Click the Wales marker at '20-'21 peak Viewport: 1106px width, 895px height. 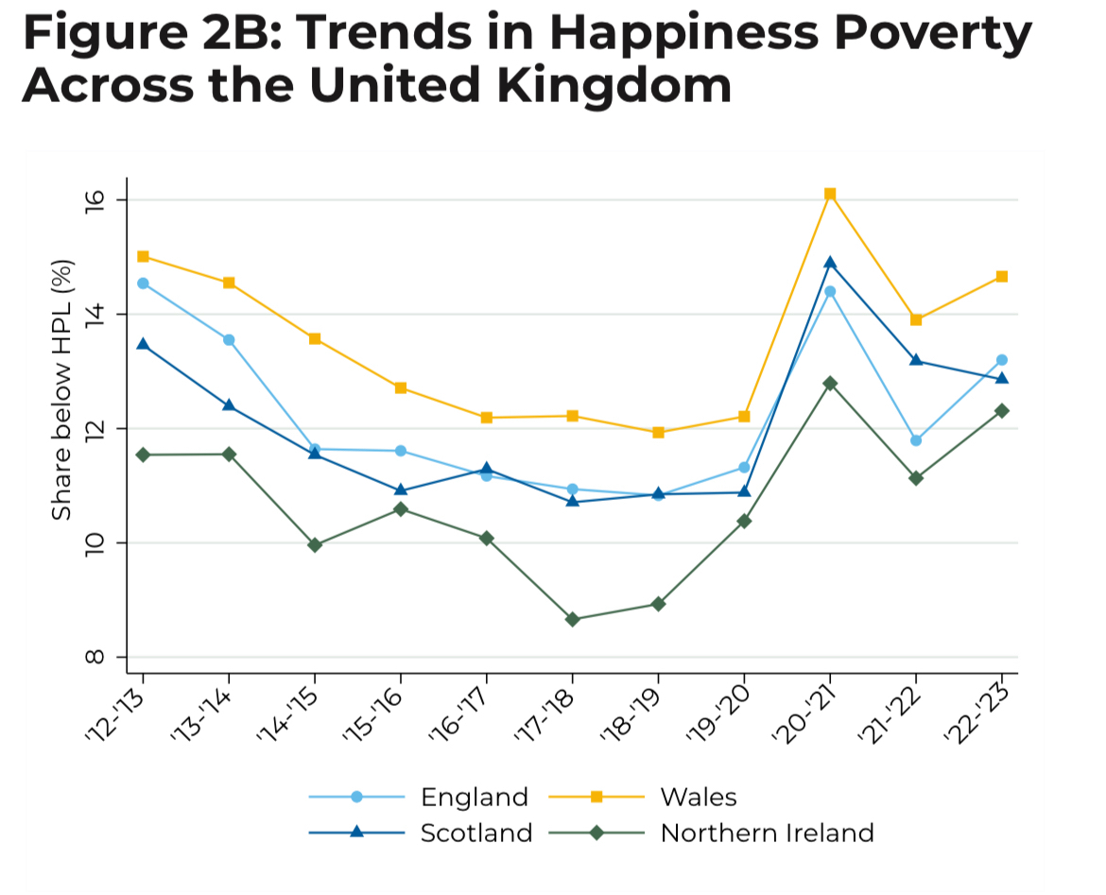tap(830, 194)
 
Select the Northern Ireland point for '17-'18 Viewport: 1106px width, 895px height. tap(572, 619)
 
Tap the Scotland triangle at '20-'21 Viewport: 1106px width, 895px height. tap(830, 262)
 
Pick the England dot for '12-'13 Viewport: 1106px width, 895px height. tap(143, 283)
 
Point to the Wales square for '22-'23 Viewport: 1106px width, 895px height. tap(1001, 276)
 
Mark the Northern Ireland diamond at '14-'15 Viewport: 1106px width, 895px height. tap(315, 545)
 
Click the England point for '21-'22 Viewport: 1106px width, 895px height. tap(916, 440)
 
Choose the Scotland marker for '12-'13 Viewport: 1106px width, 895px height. tap(143, 344)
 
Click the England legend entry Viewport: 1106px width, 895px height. tap(474, 797)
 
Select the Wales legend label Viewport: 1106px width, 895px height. tap(699, 797)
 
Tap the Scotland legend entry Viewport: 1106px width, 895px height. tap(476, 833)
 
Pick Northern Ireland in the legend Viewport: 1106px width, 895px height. tap(767, 833)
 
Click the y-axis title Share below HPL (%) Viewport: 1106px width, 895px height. tap(61, 389)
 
